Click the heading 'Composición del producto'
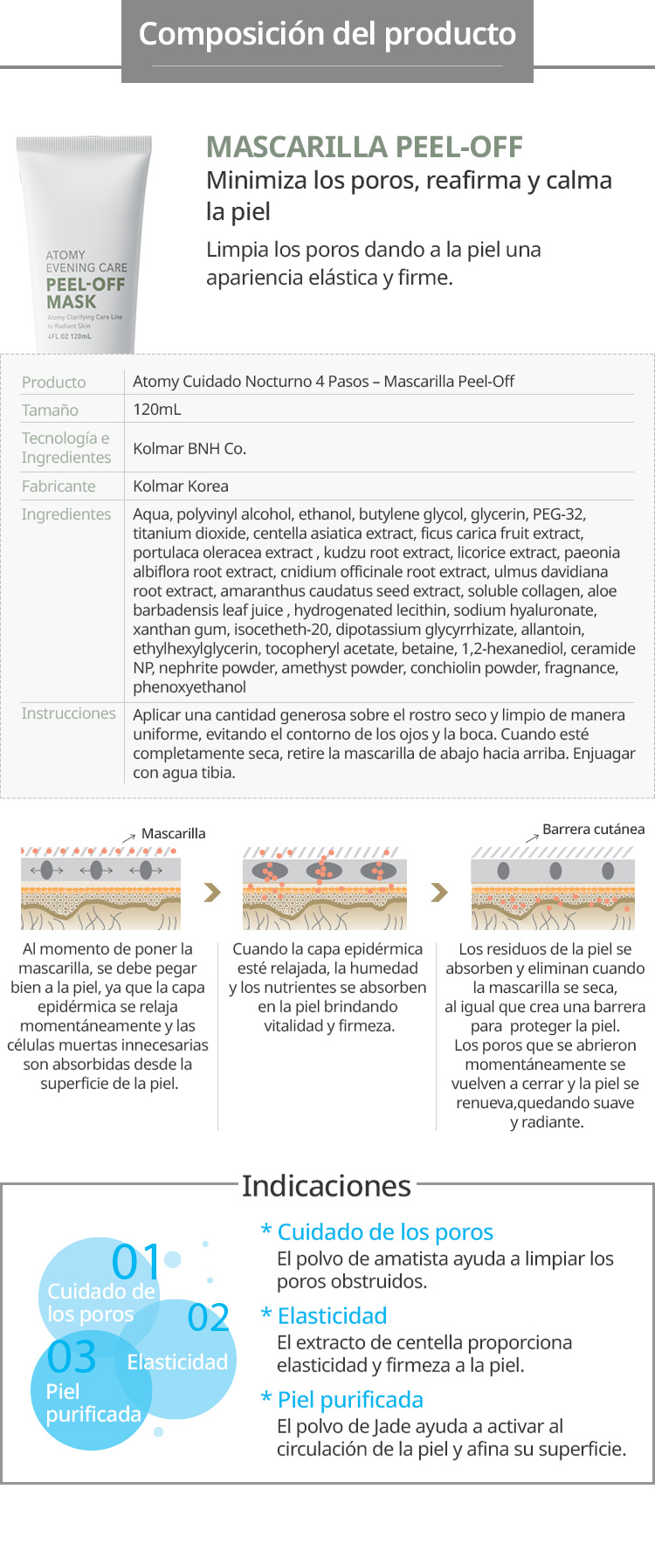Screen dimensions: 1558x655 click(x=327, y=34)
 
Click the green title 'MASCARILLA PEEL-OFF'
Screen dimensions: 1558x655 click(x=364, y=147)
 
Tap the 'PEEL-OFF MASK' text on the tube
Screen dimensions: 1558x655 click(x=85, y=293)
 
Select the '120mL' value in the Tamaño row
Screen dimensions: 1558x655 click(x=157, y=410)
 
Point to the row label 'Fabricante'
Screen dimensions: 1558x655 click(x=59, y=486)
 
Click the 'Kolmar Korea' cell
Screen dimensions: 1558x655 click(x=181, y=486)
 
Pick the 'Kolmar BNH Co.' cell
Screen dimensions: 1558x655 click(x=190, y=449)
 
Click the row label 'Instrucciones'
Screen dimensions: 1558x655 click(x=68, y=714)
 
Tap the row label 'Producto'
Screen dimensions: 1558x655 click(x=53, y=383)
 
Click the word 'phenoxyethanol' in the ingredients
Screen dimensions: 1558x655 click(x=190, y=687)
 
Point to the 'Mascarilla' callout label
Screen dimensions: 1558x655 click(x=173, y=834)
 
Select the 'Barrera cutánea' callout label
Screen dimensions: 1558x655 click(x=593, y=830)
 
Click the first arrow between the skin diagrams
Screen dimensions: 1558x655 click(x=211, y=893)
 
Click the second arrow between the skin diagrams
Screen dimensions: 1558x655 click(x=439, y=893)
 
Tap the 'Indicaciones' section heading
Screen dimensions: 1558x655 click(x=327, y=1186)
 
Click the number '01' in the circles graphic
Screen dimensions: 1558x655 click(x=137, y=1262)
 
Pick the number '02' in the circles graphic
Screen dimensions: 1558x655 click(x=209, y=1318)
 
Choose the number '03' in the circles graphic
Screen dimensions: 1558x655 click(x=72, y=1357)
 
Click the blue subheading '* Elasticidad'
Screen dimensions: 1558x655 click(x=324, y=1316)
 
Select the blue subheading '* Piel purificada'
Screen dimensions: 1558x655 click(x=342, y=1400)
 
